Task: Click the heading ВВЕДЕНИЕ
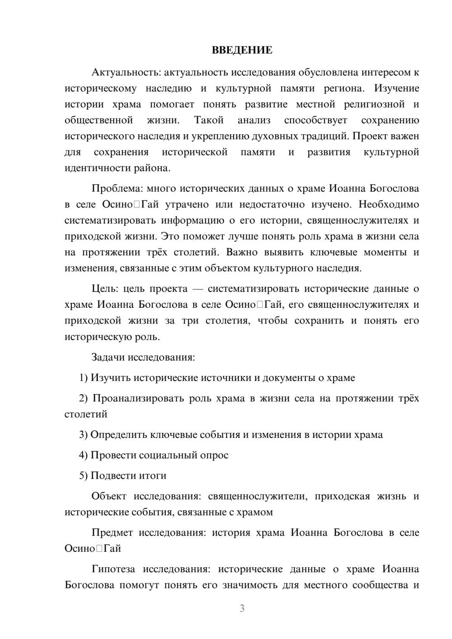point(242,50)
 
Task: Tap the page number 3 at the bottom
point(242,608)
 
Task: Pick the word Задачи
point(108,357)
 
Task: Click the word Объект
point(109,496)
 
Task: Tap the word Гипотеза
point(113,569)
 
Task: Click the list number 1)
point(83,378)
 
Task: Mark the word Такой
point(209,120)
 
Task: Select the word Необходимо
point(389,204)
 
